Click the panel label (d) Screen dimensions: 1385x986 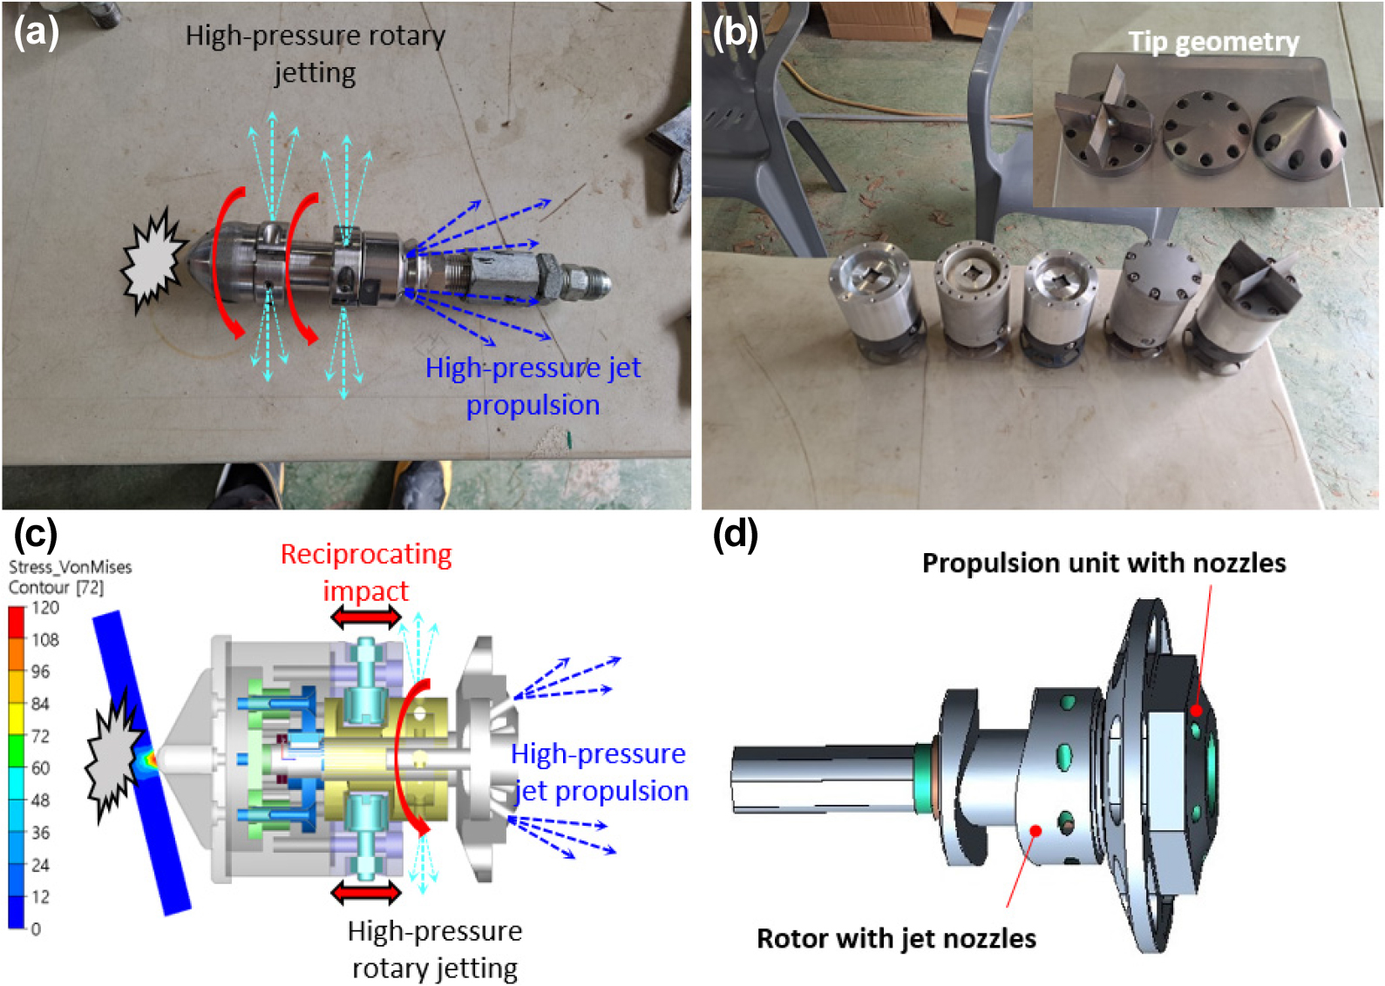[735, 534]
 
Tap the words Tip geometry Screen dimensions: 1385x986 [1214, 43]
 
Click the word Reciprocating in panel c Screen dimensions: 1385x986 [366, 554]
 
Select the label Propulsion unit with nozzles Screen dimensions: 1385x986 [1104, 563]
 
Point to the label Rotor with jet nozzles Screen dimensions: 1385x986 [897, 938]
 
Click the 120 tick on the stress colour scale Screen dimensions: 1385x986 [45, 607]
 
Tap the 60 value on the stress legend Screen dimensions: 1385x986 [41, 768]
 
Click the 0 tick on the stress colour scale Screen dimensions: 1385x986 [36, 929]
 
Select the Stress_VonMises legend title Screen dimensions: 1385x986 [71, 567]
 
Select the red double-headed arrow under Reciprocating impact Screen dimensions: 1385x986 [366, 617]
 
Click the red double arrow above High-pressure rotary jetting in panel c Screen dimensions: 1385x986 [366, 893]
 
